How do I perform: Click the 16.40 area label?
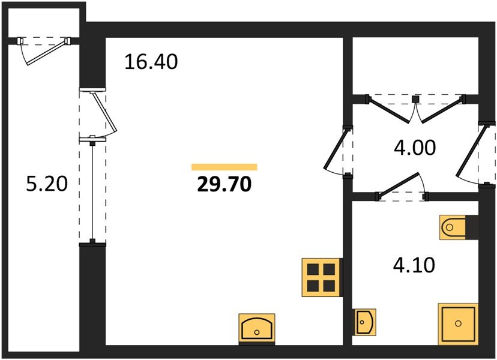(151, 62)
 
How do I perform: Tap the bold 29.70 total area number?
(224, 184)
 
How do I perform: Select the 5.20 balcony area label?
(47, 184)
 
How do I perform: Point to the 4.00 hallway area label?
(415, 148)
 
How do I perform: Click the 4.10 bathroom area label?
(414, 265)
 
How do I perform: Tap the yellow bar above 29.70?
(224, 167)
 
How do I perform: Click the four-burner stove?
(321, 278)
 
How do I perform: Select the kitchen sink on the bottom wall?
(257, 328)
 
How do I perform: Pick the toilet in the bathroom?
(453, 227)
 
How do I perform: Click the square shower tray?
(458, 323)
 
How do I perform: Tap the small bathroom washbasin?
(366, 322)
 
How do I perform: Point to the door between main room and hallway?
(338, 151)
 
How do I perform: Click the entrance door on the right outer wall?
(475, 153)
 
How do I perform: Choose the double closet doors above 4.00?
(415, 109)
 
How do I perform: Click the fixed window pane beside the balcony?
(92, 191)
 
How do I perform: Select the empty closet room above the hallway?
(415, 65)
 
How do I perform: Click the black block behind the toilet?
(472, 227)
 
